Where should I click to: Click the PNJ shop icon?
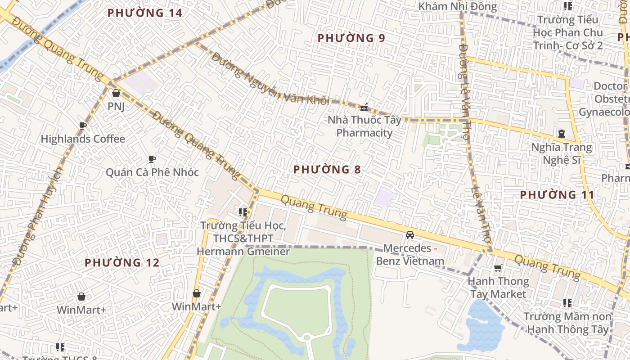[x=116, y=93]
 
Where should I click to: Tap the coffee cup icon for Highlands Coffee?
[x=82, y=126]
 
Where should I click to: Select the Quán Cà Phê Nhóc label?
[x=152, y=172]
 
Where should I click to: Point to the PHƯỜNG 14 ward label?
[x=145, y=13]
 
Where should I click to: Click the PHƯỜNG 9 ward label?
[x=351, y=38]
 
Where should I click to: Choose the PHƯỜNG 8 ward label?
[x=327, y=170]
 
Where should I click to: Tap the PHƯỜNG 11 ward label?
[x=557, y=195]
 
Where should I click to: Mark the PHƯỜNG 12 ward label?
[x=122, y=262]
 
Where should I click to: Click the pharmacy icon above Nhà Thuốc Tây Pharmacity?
[x=364, y=107]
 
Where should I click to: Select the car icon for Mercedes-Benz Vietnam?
[x=409, y=235]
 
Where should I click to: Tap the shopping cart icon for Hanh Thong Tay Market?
[x=498, y=268]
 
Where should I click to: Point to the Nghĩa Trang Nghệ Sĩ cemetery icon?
[x=561, y=134]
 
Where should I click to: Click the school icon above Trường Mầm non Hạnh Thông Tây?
[x=567, y=303]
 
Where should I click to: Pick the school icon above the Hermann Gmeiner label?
[x=243, y=212]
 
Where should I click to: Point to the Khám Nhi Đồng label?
[x=457, y=7]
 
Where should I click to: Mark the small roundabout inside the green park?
[x=306, y=337]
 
